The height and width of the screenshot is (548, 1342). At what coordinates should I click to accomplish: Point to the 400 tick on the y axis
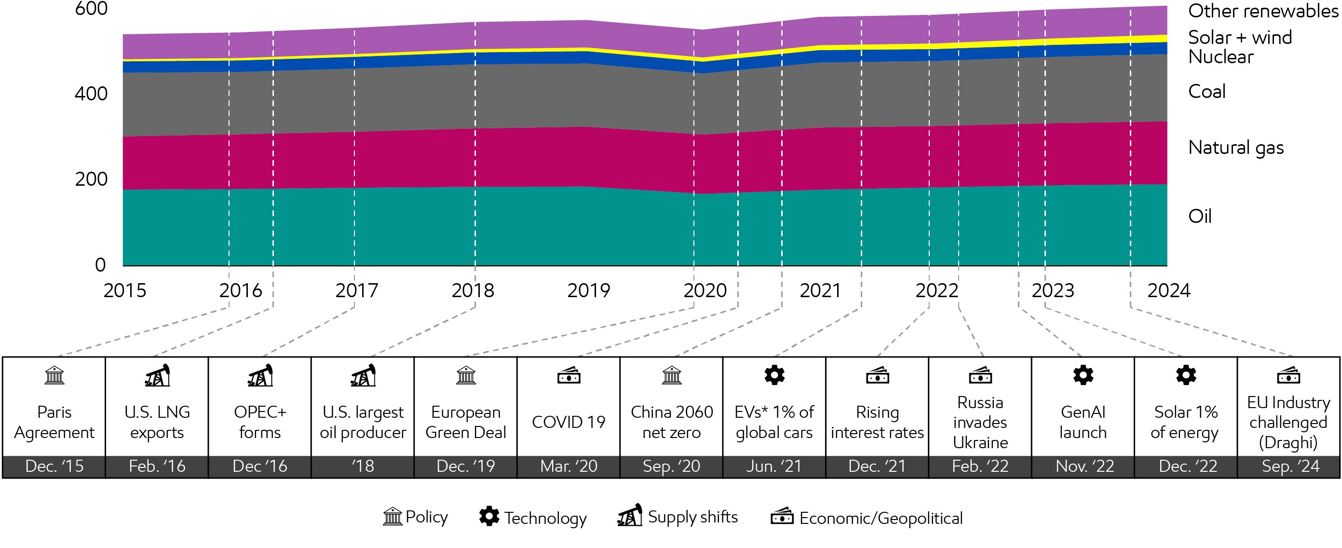click(x=91, y=94)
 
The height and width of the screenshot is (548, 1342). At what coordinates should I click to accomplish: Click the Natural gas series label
click(x=1235, y=148)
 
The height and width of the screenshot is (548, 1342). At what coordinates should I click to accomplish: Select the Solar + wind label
click(x=1239, y=38)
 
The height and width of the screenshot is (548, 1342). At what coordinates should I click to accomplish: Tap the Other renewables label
click(x=1262, y=11)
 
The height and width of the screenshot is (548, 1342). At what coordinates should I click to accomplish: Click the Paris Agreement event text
click(x=54, y=422)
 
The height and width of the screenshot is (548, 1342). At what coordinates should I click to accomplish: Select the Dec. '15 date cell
click(x=54, y=466)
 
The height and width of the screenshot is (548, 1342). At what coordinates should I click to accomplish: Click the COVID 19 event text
click(x=569, y=422)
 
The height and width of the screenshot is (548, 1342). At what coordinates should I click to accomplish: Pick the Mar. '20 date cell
click(x=569, y=466)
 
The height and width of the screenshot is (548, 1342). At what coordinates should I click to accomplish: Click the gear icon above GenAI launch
click(x=1083, y=375)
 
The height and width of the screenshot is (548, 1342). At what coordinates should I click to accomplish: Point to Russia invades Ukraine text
click(x=980, y=422)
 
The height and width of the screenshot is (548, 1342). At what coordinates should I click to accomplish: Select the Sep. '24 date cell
click(x=1290, y=466)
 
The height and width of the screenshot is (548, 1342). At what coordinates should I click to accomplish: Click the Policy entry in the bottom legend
click(x=416, y=517)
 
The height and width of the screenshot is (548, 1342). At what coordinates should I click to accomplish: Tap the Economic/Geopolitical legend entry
click(x=867, y=518)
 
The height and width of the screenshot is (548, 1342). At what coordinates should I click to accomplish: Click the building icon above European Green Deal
click(x=466, y=375)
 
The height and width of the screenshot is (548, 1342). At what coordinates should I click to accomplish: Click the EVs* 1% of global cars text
click(x=774, y=422)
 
